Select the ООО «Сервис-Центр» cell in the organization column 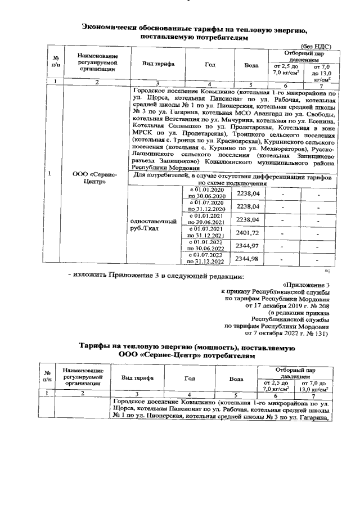(x=94, y=178)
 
